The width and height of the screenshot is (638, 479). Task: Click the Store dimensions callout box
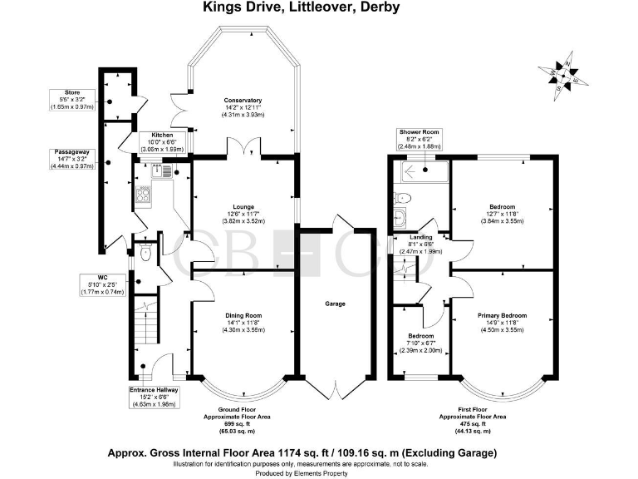pyautogui.click(x=71, y=99)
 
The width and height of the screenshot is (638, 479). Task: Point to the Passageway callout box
pyautogui.click(x=71, y=158)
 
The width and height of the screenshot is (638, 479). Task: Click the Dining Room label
pyautogui.click(x=243, y=315)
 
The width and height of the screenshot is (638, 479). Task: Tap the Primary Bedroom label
pyautogui.click(x=502, y=315)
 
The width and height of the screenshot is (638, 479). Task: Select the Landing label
pyautogui.click(x=421, y=237)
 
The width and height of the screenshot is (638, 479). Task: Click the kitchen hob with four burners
pyautogui.click(x=144, y=196)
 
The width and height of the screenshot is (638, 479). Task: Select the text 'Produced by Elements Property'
pyautogui.click(x=318, y=472)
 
